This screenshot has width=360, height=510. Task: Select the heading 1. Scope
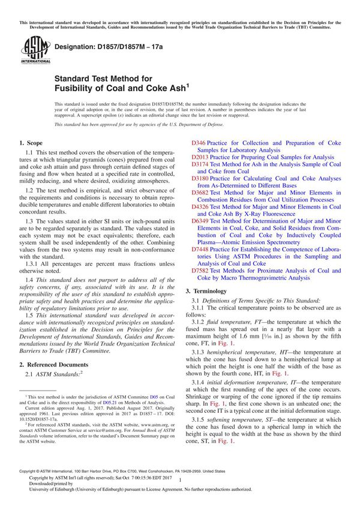[31, 144]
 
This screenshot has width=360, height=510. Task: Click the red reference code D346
[199, 143]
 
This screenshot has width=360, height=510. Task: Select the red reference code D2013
[200, 157]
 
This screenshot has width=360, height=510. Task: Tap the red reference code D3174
[200, 164]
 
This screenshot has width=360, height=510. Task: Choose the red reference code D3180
[200, 178]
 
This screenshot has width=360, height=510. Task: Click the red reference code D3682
[200, 193]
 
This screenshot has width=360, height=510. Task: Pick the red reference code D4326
[200, 206]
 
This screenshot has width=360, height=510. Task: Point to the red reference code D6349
[200, 221]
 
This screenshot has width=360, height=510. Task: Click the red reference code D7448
[200, 248]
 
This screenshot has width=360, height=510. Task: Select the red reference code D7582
[200, 269]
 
